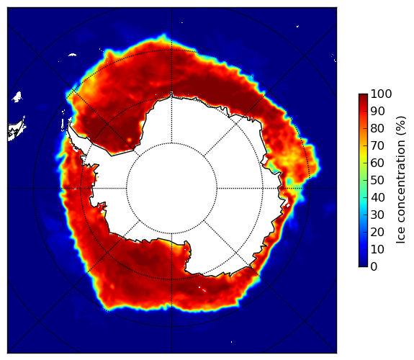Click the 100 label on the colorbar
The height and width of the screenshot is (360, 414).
tap(381, 94)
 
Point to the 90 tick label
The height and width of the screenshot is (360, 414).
tap(377, 111)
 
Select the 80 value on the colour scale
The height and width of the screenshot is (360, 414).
tap(377, 128)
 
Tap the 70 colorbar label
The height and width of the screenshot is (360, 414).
tap(377, 145)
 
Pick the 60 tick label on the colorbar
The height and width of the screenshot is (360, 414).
tap(377, 163)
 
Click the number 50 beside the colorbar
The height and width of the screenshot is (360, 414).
tap(377, 180)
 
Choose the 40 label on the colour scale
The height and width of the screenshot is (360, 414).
tap(377, 197)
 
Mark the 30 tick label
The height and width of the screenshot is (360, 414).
tap(377, 215)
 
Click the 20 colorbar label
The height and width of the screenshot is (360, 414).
tap(377, 232)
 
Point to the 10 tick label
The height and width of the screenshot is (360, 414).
tap(377, 249)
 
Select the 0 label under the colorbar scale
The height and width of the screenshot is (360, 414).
tap(374, 266)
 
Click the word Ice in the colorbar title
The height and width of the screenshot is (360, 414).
tap(401, 235)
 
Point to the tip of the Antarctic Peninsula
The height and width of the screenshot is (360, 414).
tap(69, 123)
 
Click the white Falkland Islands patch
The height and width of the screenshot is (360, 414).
tap(17, 96)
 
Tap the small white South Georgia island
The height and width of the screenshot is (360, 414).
tap(72, 55)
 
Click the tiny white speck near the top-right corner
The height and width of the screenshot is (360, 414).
tap(297, 26)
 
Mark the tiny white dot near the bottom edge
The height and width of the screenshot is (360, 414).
tap(232, 342)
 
